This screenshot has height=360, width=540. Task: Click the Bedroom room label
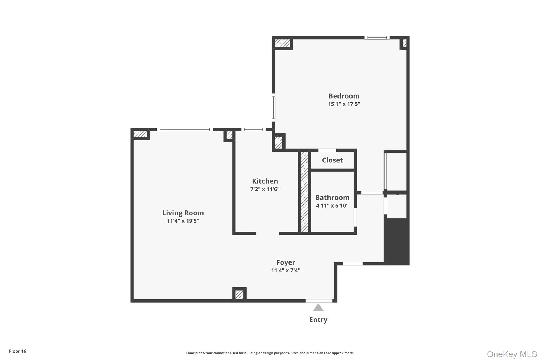pos(344,96)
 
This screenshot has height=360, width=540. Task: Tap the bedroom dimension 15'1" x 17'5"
pos(344,104)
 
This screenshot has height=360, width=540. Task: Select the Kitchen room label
pos(265,181)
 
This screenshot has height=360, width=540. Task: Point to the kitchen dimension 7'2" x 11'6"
pos(265,189)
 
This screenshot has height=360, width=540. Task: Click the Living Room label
pos(183,213)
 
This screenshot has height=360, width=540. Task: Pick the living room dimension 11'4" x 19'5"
pos(183,221)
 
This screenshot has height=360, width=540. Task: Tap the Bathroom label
pos(332,198)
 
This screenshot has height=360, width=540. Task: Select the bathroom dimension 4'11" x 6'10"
pos(332,206)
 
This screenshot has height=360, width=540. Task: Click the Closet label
pos(332,160)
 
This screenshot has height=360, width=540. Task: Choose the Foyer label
pos(286,262)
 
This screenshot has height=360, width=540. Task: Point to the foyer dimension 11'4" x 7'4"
pos(286,270)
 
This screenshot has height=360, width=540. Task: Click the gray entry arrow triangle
pos(318,308)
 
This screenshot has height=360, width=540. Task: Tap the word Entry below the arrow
pos(318,320)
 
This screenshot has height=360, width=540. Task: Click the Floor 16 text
pos(17,351)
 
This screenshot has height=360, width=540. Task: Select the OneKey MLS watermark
pos(512,354)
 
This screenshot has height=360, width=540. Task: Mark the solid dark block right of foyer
pos(397,241)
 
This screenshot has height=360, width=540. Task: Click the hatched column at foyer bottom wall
pos(239,295)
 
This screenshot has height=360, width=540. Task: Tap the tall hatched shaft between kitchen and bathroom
pos(304,192)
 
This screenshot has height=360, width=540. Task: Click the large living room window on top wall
pos(185,129)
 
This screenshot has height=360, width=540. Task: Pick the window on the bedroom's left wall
pos(273,107)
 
